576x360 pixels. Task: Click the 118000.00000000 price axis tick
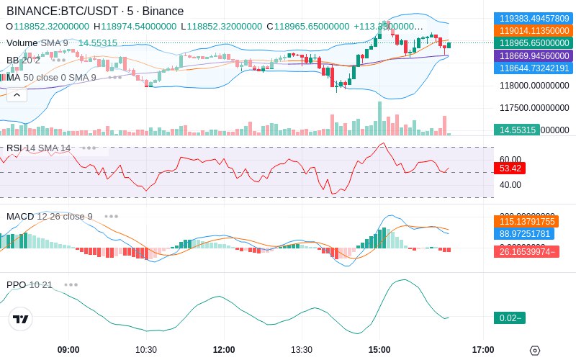(534, 86)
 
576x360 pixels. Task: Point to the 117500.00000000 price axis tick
(534, 108)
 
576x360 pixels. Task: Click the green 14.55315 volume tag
(516, 130)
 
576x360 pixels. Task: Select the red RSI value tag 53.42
(509, 168)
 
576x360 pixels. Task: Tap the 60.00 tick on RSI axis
(510, 159)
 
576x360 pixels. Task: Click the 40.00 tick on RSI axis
(510, 184)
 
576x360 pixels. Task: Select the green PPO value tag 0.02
(509, 318)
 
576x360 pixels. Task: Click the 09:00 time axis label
(68, 350)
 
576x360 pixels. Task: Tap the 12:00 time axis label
(224, 350)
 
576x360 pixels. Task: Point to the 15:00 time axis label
(379, 350)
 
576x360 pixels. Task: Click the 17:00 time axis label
(483, 350)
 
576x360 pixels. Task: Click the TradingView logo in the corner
(21, 319)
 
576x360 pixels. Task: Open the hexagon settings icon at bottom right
(534, 351)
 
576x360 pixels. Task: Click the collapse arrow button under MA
(17, 94)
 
